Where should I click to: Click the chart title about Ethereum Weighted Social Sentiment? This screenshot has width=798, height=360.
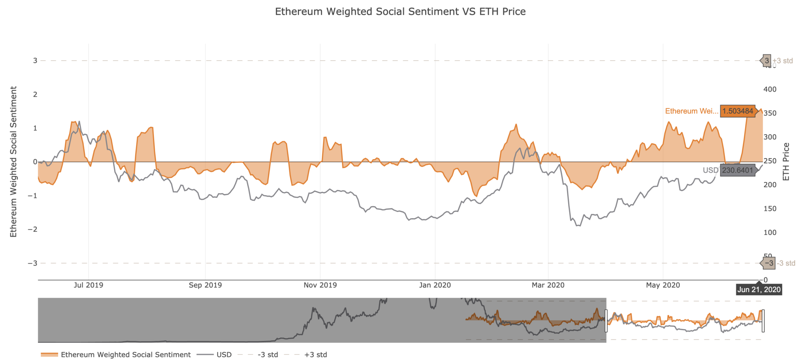pos(400,12)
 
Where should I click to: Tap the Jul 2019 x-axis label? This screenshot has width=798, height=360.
pos(88,285)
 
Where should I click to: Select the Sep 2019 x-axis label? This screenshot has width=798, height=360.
pos(205,285)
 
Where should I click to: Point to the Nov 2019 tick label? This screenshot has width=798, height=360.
pos(320,285)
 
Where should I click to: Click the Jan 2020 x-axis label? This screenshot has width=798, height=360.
pos(435,285)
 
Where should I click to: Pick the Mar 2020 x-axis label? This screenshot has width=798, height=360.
pos(548,285)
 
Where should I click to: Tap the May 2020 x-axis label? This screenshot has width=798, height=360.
pos(663,285)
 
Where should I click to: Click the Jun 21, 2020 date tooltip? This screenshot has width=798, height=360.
pos(759,289)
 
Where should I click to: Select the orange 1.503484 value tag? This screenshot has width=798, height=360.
pos(738,111)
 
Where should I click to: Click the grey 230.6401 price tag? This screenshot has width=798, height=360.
pos(738,170)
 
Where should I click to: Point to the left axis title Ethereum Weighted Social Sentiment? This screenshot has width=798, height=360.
pos(14,162)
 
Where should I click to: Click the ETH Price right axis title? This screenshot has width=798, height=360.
pos(786,162)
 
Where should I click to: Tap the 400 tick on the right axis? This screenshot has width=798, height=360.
pos(770,89)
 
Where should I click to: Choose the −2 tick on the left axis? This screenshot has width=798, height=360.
pos(32,229)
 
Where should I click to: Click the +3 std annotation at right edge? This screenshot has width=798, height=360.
pos(783,61)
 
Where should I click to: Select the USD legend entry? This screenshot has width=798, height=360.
pos(224,355)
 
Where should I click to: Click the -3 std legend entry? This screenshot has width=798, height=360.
pos(268,355)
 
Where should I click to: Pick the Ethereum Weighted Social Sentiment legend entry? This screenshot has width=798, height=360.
pos(125,355)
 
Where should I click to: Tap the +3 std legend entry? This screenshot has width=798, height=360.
pos(316,355)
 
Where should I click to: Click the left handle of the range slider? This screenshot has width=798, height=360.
pos(606,321)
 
